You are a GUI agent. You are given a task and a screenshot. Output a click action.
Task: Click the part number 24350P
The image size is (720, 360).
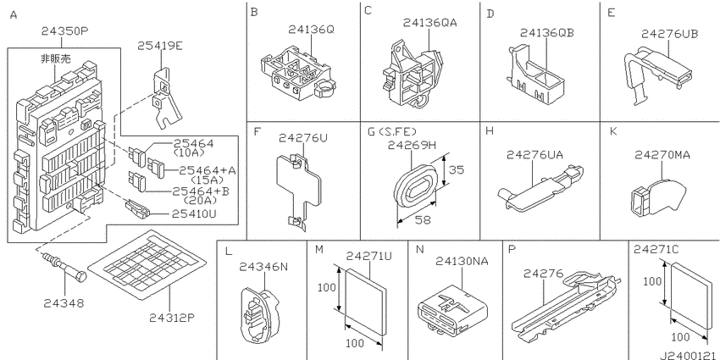pyautogui.click(x=64, y=31)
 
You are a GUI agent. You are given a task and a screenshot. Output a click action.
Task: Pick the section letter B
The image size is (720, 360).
pyautogui.click(x=254, y=12)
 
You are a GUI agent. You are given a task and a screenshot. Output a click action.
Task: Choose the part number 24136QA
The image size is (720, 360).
pyautogui.click(x=429, y=23)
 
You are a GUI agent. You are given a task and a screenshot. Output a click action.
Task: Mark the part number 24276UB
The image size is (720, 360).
pyautogui.click(x=669, y=34)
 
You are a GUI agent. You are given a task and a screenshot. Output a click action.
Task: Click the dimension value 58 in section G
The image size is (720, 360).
pyautogui.click(x=422, y=219)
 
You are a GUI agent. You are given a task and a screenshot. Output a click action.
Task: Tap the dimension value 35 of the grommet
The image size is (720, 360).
pyautogui.click(x=455, y=169)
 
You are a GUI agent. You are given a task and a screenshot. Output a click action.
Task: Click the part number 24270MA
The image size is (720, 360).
pyautogui.click(x=662, y=155)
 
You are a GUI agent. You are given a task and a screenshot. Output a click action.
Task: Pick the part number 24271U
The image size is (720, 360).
pyautogui.click(x=368, y=257)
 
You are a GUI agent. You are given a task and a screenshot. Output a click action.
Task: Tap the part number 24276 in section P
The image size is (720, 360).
pyautogui.click(x=543, y=274)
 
